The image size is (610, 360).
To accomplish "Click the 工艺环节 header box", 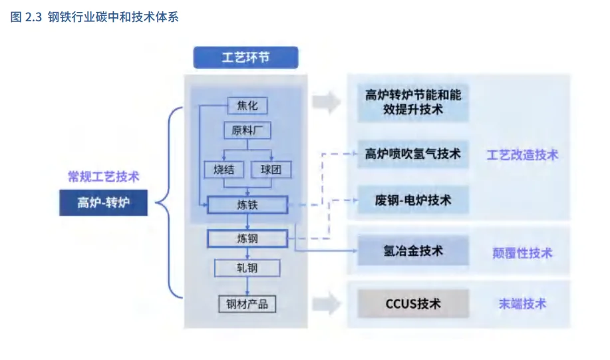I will pos(245,58).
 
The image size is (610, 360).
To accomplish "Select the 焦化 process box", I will pos(247,105).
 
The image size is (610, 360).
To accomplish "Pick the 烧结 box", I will pos(224,169).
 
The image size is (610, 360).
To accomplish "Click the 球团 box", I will pos(271,169).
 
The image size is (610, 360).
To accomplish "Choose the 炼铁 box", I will pos(247,204).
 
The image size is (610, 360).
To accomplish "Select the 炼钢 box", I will pos(247,238).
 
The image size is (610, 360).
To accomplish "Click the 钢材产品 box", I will pos(247,304).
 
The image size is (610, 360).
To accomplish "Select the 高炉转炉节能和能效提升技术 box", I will pos(412,102).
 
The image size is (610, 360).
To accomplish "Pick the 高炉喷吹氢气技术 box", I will pos(412,154).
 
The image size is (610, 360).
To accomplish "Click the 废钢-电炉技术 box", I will pos(412,200).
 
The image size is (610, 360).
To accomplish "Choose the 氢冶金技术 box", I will pos(412,251).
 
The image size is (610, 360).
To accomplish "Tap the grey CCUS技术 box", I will pos(412,304).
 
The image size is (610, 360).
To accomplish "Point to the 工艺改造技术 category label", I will pos(522,155).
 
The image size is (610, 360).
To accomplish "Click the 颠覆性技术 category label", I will pos(522,253).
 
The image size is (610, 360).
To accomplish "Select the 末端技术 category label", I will pos(522,304).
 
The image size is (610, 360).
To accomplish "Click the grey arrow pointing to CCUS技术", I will pos(326,304).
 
